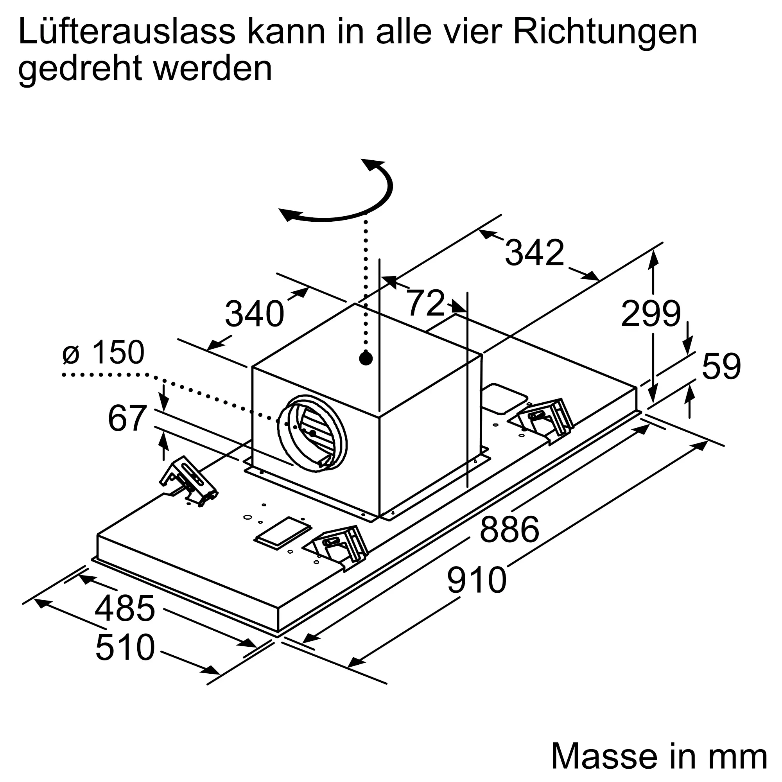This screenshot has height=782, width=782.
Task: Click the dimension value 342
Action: pyautogui.click(x=534, y=253)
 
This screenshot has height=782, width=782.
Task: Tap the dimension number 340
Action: pyautogui.click(x=255, y=314)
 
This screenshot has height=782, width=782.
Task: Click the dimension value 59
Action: pyautogui.click(x=721, y=366)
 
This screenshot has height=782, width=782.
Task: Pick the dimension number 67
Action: pyautogui.click(x=127, y=418)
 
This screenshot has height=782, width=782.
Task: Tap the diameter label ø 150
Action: pyautogui.click(x=104, y=352)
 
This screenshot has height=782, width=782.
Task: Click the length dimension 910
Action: pyautogui.click(x=476, y=580)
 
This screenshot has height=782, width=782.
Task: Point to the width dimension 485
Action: pyautogui.click(x=125, y=608)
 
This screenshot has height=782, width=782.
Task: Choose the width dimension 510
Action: pyautogui.click(x=125, y=647)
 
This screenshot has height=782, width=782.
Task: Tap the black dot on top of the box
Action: pyautogui.click(x=366, y=358)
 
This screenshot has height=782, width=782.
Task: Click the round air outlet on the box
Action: pyautogui.click(x=312, y=433)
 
